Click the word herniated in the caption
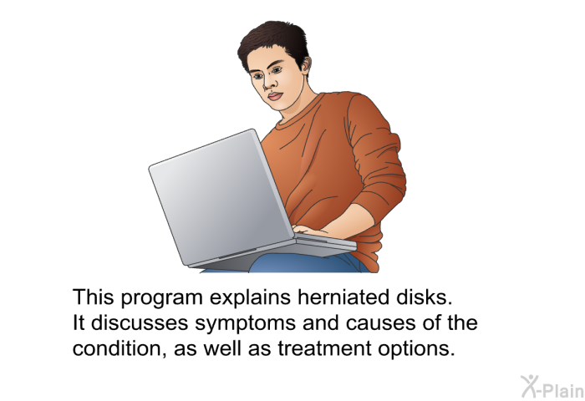(341, 297)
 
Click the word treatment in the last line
(324, 348)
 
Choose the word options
(416, 349)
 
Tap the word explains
(250, 298)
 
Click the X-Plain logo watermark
(552, 387)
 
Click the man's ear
(306, 65)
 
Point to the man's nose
(267, 84)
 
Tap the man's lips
(275, 96)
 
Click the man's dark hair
(274, 40)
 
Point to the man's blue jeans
(306, 263)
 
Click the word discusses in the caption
(140, 323)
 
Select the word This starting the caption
(94, 297)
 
